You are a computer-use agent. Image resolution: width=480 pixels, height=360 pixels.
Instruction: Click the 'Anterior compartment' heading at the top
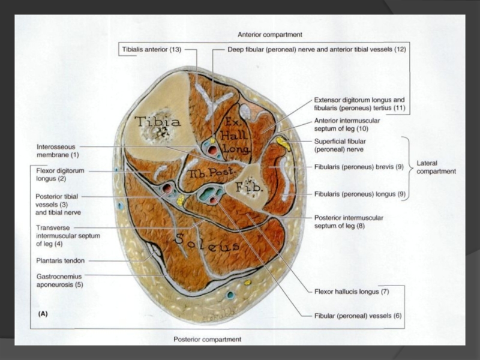point(269,35)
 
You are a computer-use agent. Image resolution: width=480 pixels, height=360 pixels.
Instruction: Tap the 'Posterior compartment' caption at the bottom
point(208,339)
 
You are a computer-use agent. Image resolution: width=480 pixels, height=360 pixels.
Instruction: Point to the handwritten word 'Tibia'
point(157,121)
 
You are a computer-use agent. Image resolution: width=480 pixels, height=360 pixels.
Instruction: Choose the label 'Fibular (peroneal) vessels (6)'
point(358,315)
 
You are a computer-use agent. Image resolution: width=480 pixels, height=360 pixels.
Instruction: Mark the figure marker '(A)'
point(44,313)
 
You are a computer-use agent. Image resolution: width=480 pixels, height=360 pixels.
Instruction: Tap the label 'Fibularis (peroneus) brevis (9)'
point(358,167)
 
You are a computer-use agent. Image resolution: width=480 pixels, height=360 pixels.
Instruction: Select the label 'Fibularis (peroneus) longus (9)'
point(359,194)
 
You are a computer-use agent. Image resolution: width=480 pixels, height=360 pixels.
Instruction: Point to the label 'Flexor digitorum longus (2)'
point(59,175)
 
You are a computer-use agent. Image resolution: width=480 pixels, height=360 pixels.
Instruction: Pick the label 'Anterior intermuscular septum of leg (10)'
point(347,124)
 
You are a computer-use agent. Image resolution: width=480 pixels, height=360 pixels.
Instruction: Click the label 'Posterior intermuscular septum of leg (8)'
point(349,221)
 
